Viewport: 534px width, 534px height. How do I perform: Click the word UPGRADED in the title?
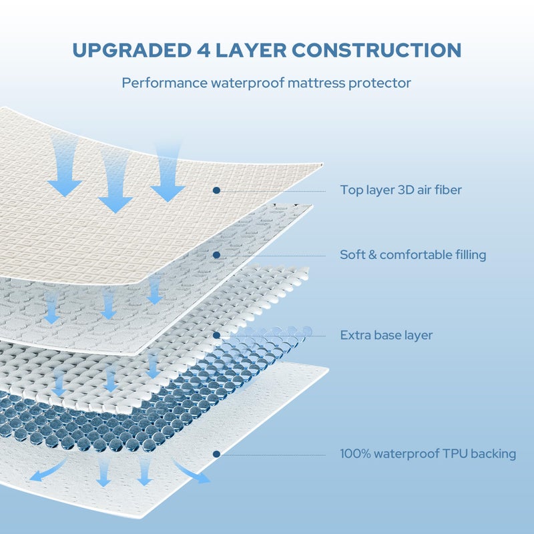point(132,51)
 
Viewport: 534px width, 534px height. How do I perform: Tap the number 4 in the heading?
point(204,51)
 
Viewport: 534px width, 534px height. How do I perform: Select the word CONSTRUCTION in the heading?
point(376,51)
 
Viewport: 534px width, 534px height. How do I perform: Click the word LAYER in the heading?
point(251,51)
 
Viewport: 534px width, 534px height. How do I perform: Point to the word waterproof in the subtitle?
point(248,83)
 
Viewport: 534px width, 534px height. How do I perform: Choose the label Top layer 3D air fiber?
point(401,190)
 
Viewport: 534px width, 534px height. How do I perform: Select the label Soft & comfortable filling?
point(413,255)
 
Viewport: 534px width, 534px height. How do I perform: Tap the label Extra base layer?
point(386,335)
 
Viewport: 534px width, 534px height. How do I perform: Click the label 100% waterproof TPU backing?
point(428,454)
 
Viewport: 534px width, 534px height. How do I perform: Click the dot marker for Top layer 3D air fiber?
point(216,190)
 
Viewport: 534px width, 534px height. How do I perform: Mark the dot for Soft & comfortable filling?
point(216,255)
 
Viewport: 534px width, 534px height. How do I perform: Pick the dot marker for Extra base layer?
point(216,336)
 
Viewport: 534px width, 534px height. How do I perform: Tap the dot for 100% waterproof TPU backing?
point(216,454)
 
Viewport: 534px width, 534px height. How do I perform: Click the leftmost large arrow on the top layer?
point(64,167)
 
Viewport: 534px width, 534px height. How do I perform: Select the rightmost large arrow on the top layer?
point(168,174)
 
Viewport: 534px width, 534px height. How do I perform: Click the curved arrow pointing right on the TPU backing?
point(191,473)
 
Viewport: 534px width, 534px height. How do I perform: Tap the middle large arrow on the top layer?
point(115,184)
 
